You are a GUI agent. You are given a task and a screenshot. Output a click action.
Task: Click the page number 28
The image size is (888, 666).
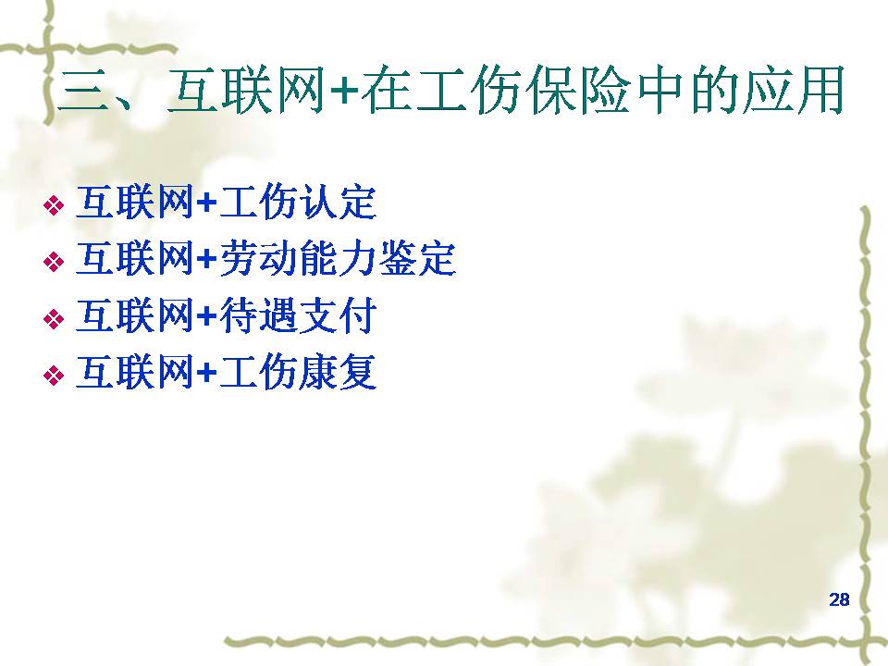pyautogui.click(x=839, y=599)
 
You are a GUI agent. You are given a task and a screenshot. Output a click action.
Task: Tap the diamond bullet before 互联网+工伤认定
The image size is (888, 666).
pyautogui.click(x=54, y=205)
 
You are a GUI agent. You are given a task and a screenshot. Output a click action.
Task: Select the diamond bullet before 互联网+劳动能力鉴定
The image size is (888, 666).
pyautogui.click(x=54, y=262)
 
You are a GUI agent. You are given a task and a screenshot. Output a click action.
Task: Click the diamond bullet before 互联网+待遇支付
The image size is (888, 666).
pyautogui.click(x=54, y=318)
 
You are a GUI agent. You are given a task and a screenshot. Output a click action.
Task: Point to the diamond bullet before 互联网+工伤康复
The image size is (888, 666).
pyautogui.click(x=54, y=375)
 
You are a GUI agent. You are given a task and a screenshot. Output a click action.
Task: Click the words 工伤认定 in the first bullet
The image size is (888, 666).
pyautogui.click(x=298, y=203)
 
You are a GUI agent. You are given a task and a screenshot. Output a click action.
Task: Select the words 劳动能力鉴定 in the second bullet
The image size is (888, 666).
pyautogui.click(x=338, y=259)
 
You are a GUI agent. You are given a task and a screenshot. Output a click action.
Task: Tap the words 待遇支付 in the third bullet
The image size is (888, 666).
pyautogui.click(x=298, y=315)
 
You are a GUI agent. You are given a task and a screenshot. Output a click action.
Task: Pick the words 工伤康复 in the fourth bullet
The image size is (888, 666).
pyautogui.click(x=298, y=372)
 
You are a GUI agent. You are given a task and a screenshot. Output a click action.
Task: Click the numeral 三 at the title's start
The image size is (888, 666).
pyautogui.click(x=83, y=92)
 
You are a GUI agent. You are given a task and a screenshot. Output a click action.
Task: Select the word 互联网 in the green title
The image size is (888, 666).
pyautogui.click(x=247, y=91)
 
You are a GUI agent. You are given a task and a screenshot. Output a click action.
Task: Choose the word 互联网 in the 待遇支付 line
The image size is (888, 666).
pyautogui.click(x=135, y=315)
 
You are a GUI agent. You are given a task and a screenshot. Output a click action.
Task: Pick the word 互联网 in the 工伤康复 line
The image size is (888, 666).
pyautogui.click(x=135, y=372)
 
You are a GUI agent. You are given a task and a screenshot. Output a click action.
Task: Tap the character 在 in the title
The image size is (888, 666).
pyautogui.click(x=388, y=91)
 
